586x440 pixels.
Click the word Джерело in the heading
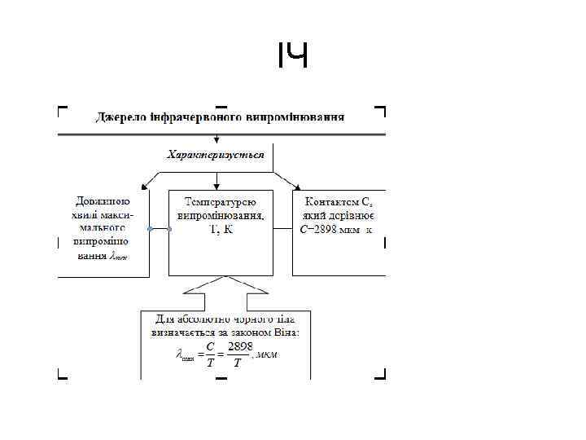pyautogui.click(x=121, y=117)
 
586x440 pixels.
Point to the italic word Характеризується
pyautogui.click(x=216, y=155)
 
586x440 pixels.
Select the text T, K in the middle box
pyautogui.click(x=221, y=231)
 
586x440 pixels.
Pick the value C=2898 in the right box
pyautogui.click(x=321, y=230)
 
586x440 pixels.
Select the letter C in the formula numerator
pyautogui.click(x=210, y=346)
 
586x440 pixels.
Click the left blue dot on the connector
pyautogui.click(x=150, y=231)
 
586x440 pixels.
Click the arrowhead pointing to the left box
pyautogui.click(x=146, y=186)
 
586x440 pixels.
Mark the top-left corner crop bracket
pyautogui.click(x=61, y=108)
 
